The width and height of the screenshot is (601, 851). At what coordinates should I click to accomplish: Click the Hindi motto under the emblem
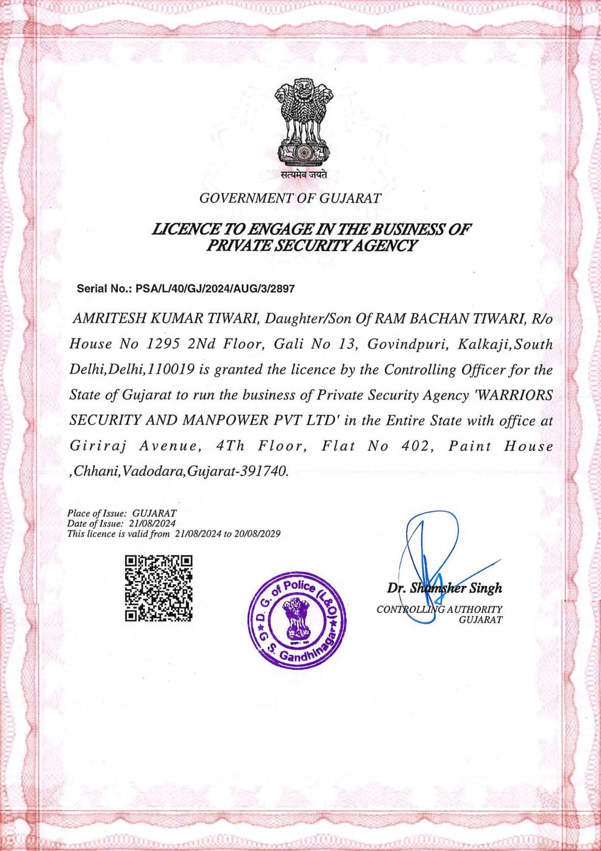click(x=304, y=174)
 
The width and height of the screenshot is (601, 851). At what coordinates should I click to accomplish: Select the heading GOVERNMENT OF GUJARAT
click(x=290, y=198)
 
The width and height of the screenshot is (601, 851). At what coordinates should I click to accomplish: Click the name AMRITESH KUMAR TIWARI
click(x=165, y=319)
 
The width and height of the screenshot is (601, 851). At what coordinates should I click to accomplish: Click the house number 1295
click(x=163, y=344)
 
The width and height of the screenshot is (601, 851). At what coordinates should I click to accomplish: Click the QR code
click(x=159, y=588)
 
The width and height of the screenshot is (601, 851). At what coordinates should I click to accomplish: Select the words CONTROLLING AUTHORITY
click(x=439, y=609)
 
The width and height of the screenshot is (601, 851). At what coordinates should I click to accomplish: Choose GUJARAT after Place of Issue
click(x=154, y=513)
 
